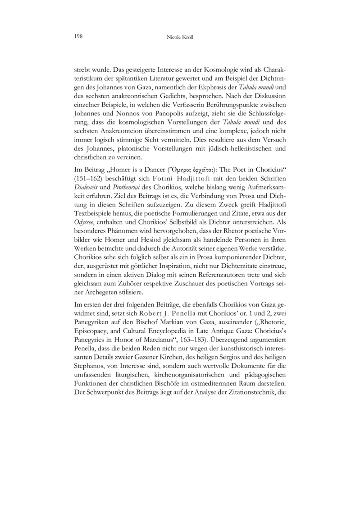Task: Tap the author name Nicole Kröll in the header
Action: tap(180, 35)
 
